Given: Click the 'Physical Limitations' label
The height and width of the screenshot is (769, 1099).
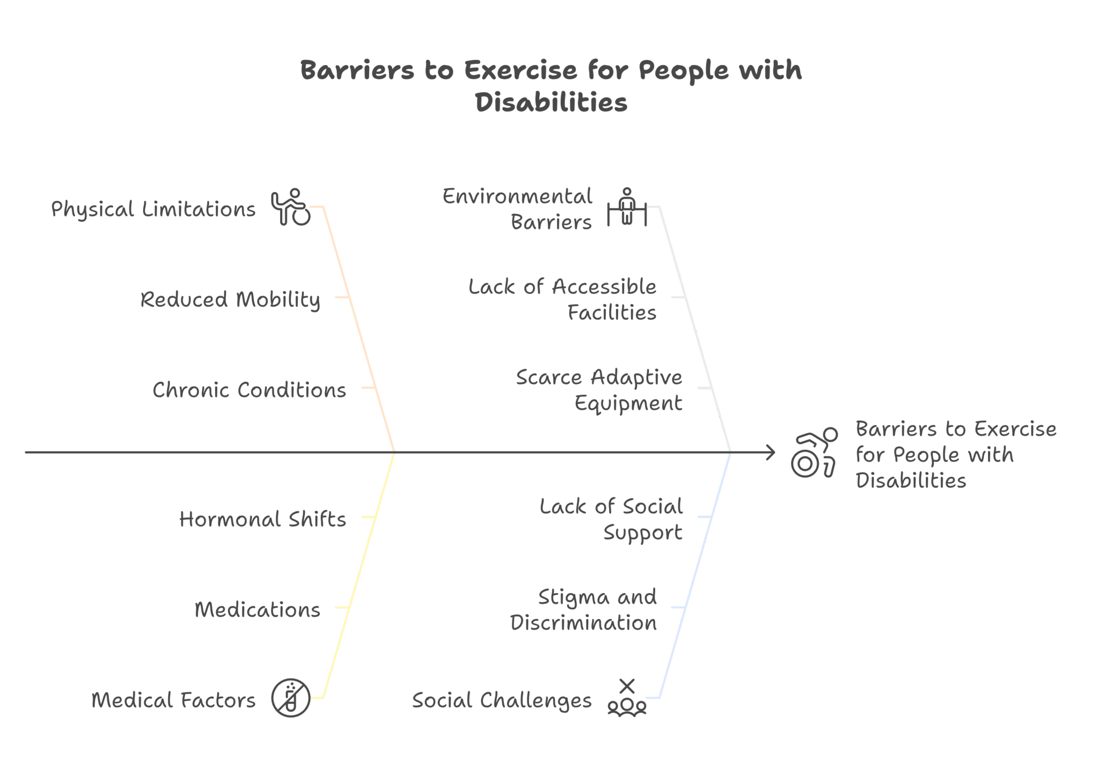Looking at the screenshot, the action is click(153, 209).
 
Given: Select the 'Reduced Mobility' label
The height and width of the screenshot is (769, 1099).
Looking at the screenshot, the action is click(230, 300).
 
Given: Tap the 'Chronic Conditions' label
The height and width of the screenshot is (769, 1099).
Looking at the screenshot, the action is click(250, 390).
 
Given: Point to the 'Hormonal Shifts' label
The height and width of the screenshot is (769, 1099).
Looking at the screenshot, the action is click(262, 519).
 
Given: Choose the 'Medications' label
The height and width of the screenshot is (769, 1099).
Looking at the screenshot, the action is click(257, 610).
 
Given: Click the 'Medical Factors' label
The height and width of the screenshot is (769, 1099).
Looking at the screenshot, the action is click(173, 700).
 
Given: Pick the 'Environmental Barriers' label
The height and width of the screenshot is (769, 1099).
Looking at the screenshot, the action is click(517, 209).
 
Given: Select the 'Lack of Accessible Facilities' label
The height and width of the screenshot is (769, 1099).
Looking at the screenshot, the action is click(562, 299).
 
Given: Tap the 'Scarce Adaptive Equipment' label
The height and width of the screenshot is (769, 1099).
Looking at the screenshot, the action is click(599, 390).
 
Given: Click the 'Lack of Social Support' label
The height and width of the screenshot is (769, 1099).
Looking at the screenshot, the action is click(611, 519).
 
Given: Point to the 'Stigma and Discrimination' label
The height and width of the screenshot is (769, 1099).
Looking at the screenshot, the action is click(583, 610).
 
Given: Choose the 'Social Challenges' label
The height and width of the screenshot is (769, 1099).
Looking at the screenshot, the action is click(502, 700).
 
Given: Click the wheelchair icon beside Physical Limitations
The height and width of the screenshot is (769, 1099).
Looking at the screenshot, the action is click(291, 207).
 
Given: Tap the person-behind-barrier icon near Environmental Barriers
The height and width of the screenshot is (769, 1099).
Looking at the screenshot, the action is click(627, 206).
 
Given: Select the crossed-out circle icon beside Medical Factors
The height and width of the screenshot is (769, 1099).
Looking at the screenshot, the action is click(291, 698).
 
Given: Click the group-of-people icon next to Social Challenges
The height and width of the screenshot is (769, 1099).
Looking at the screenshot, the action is click(627, 698).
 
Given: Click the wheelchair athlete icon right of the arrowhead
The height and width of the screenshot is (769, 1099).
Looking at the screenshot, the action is click(814, 453).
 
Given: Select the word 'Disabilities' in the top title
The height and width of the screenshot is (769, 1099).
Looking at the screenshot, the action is click(551, 102).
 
